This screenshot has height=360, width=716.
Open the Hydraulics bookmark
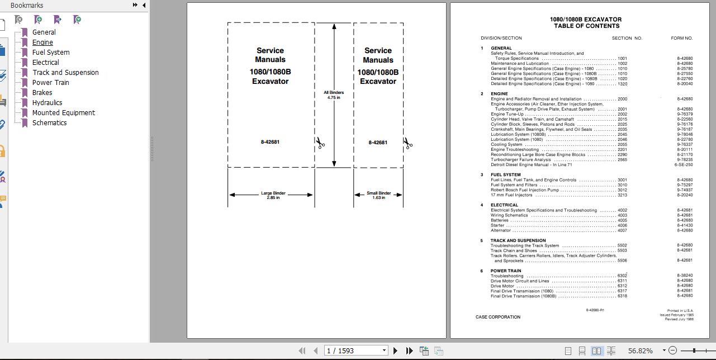(47, 103)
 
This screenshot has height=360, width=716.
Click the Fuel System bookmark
(51, 53)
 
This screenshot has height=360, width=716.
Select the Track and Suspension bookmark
(65, 73)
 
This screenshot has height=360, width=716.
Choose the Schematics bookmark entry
(49, 123)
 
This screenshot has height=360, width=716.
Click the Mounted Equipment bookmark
(63, 113)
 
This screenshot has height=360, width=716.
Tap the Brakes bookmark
(42, 93)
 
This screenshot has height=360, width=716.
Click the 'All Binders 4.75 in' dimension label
(334, 95)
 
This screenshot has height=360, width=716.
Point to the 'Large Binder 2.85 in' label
(273, 195)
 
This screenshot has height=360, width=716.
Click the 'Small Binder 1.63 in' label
(378, 195)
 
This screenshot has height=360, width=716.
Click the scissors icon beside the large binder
(320, 143)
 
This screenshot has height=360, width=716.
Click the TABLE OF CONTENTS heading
(586, 26)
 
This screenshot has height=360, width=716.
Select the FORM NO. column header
(681, 38)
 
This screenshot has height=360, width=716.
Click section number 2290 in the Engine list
(622, 155)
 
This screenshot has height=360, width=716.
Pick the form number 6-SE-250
(684, 165)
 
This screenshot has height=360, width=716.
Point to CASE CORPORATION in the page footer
(497, 317)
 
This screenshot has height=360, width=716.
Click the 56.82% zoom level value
(640, 350)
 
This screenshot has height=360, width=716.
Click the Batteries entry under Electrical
(500, 220)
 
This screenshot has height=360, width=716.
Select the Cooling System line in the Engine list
(506, 145)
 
